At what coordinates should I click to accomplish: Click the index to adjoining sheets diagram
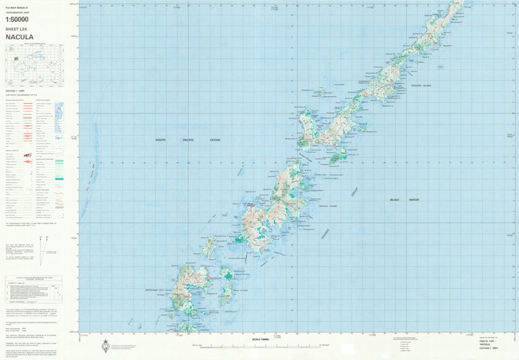[34, 66]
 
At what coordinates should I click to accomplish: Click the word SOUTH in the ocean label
[161, 140]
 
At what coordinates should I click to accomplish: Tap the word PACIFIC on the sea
[186, 140]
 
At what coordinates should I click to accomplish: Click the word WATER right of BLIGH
[414, 199]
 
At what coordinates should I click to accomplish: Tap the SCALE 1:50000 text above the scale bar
[259, 338]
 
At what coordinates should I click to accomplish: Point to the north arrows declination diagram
[45, 242]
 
